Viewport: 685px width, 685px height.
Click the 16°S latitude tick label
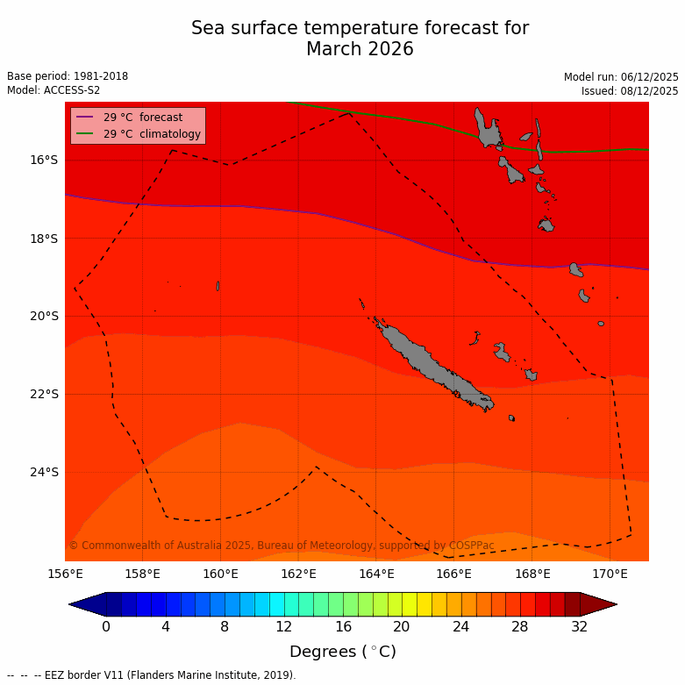[44, 160]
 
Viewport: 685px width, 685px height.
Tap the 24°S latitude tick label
[44, 472]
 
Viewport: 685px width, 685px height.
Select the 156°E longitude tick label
[65, 574]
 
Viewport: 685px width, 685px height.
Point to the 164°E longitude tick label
[376, 574]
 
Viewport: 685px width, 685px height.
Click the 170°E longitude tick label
[610, 574]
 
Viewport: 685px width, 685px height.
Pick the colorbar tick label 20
[402, 626]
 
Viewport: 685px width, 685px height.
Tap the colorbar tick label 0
[106, 626]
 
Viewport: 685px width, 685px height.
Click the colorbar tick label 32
[580, 626]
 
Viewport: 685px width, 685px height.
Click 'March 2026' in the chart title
[360, 50]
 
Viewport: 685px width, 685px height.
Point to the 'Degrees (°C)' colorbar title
[343, 652]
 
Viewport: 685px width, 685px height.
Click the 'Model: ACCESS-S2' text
[54, 90]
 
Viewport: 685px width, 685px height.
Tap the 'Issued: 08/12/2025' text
[630, 90]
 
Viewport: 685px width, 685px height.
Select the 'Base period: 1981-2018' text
[68, 76]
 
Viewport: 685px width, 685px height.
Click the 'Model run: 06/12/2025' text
[621, 76]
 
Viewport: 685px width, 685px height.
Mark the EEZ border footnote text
[152, 675]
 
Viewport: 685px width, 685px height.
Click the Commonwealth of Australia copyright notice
[282, 546]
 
